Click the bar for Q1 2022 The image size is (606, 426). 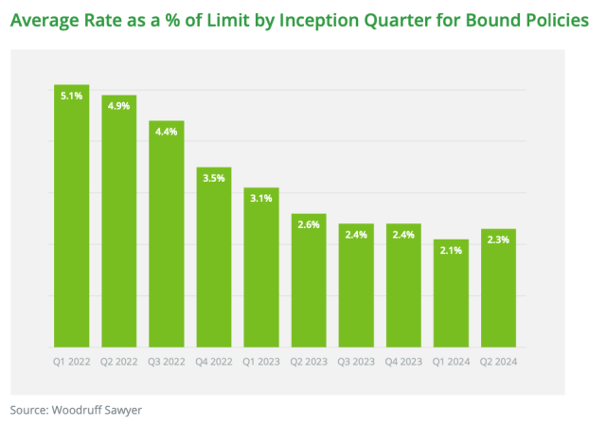click(71, 218)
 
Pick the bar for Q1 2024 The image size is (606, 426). click(451, 293)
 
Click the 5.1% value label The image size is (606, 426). click(71, 97)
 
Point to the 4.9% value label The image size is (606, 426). click(118, 106)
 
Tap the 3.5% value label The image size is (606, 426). click(214, 178)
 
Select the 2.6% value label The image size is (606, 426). click(309, 224)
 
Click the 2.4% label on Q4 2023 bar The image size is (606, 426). click(403, 235)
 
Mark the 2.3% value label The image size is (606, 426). click(498, 240)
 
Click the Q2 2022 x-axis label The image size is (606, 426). click(118, 361)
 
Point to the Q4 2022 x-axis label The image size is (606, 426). click(214, 361)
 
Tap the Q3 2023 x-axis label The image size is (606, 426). click(356, 361)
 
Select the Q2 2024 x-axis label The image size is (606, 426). click(498, 361)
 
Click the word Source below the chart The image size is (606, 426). click(27, 410)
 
